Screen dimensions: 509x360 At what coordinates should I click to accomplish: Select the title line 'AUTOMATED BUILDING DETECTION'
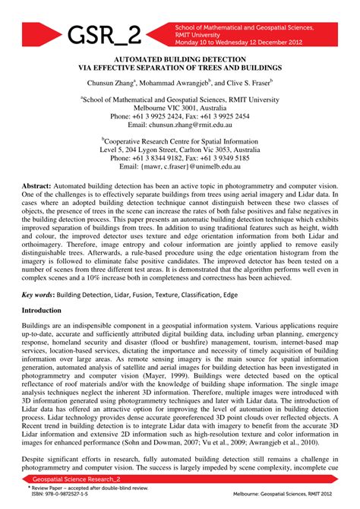pyautogui.click(x=179, y=59)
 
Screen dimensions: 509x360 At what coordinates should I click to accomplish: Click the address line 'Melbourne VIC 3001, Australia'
pyautogui.click(x=179, y=107)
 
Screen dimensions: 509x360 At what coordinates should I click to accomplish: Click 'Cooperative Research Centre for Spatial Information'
pyautogui.click(x=181, y=141)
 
